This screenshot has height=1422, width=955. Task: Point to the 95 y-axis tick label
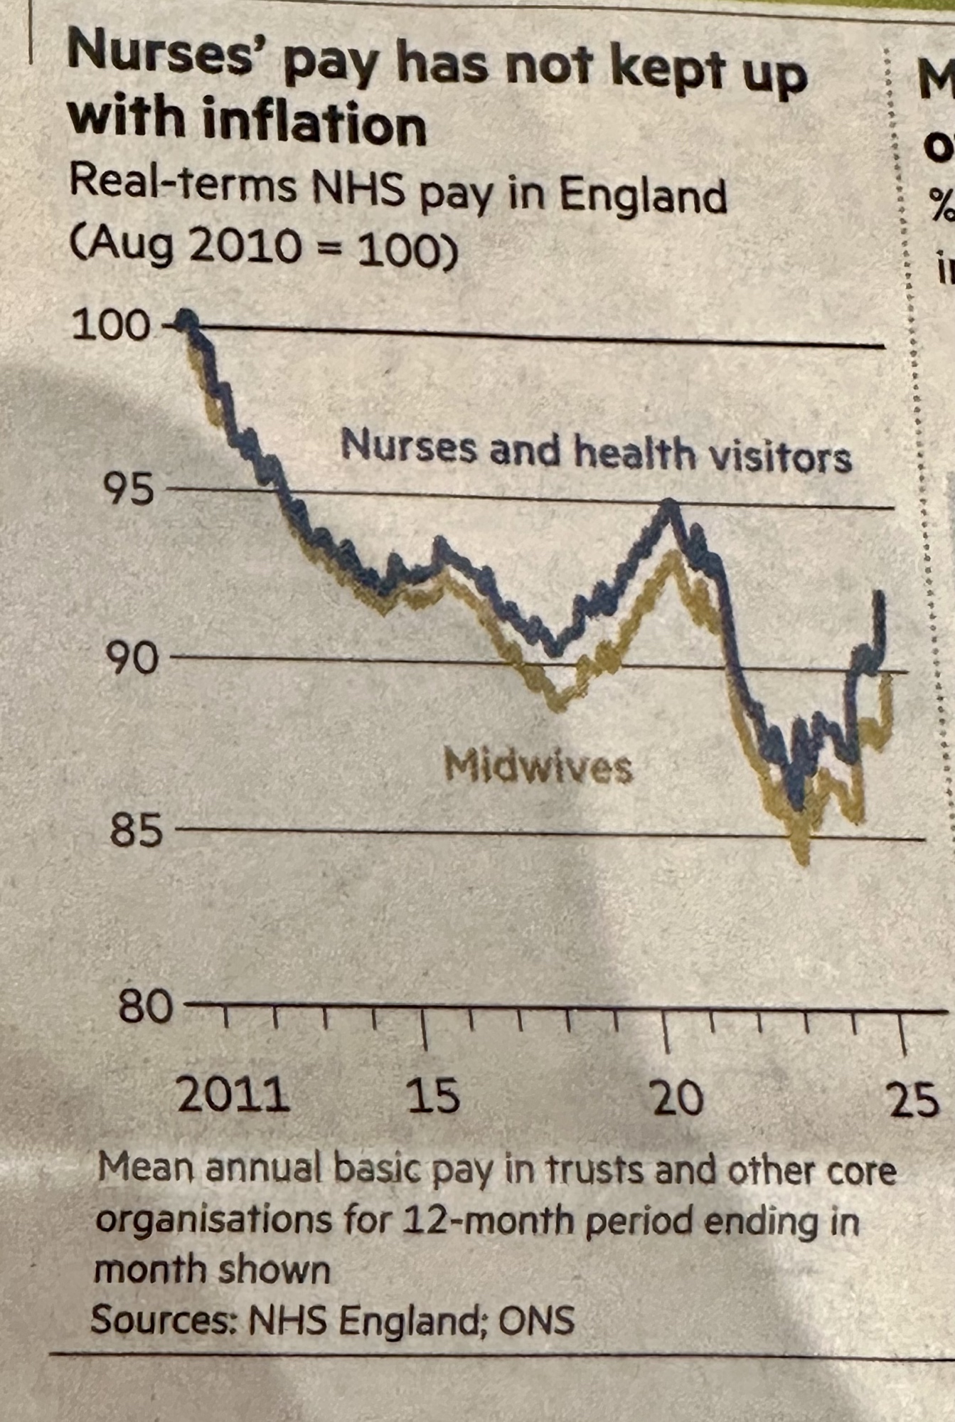tap(129, 489)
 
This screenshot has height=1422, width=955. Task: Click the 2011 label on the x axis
tap(233, 1095)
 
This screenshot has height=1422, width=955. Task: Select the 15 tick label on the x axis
tap(433, 1095)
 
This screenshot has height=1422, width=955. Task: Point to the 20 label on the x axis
tap(678, 1098)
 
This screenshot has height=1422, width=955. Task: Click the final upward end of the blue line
tap(882, 594)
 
